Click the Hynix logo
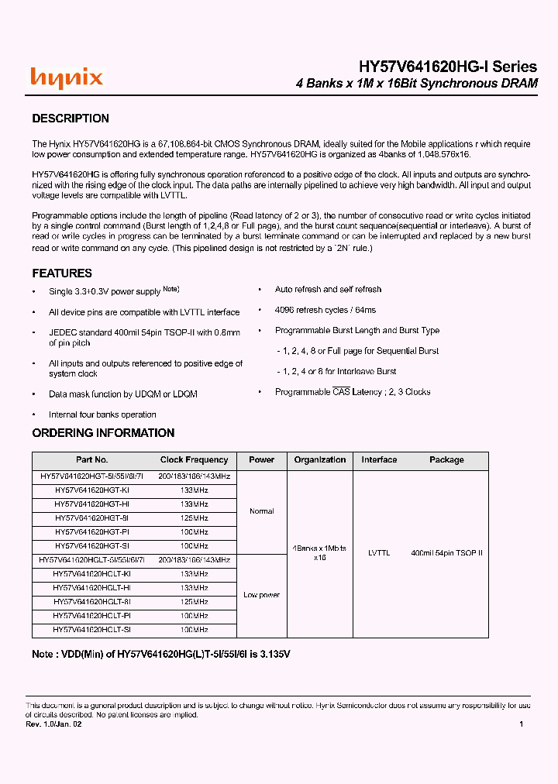tap(67, 77)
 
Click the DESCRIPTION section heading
tap(70, 119)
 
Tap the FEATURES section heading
tap(62, 273)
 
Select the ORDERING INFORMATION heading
tap(103, 433)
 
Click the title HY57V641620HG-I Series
tap(447, 67)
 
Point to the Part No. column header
tap(92, 460)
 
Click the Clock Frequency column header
tap(194, 460)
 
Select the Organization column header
tap(319, 460)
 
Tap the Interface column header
tap(379, 460)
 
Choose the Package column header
tap(446, 460)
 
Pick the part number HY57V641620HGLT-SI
tap(92, 630)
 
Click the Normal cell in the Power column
tap(262, 511)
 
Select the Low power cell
tap(262, 595)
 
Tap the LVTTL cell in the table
tap(379, 553)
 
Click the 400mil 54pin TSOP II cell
tap(446, 553)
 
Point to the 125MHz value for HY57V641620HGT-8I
tap(194, 518)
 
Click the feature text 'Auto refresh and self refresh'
tap(328, 290)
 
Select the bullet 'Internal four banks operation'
tap(102, 415)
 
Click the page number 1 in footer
tap(521, 724)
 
